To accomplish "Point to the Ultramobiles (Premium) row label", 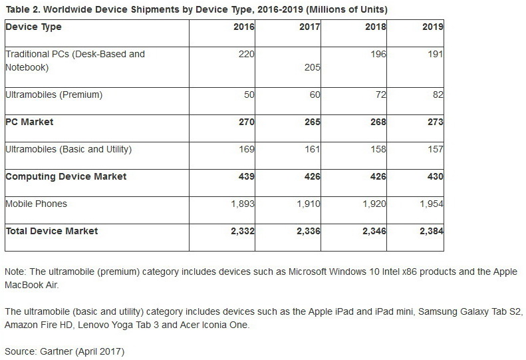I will [x=54, y=95].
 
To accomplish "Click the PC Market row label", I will [x=29, y=122].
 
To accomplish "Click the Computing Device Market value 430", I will [x=435, y=176].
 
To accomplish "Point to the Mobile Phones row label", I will [x=36, y=204].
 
